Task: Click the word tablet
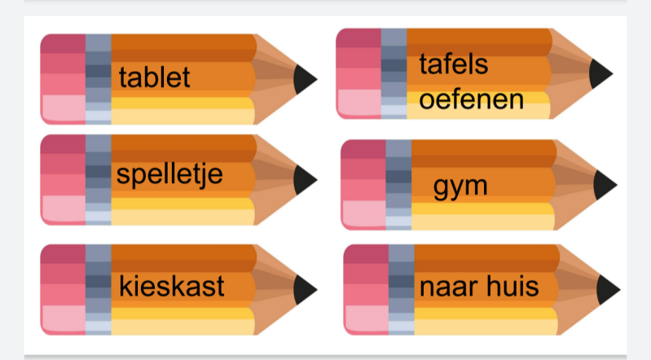pyautogui.click(x=154, y=77)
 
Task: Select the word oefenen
pyautogui.click(x=471, y=101)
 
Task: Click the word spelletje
pyautogui.click(x=169, y=174)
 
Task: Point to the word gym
pyautogui.click(x=460, y=186)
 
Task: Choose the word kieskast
pyautogui.click(x=171, y=286)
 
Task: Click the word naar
pyautogui.click(x=447, y=287)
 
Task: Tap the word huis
pyautogui.click(x=516, y=286)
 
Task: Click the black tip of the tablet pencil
pyautogui.click(x=305, y=79)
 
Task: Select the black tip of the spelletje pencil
pyautogui.click(x=305, y=179)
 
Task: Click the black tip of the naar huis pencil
pyautogui.click(x=608, y=289)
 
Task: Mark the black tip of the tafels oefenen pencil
pyautogui.click(x=600, y=72)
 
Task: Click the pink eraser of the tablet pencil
pyautogui.click(x=63, y=79)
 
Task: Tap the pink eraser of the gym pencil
pyautogui.click(x=363, y=184)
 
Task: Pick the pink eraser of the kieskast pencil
pyautogui.click(x=63, y=288)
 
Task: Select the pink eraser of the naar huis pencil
pyautogui.click(x=366, y=289)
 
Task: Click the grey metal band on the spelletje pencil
pyautogui.click(x=98, y=179)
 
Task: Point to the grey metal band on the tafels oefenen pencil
pyautogui.click(x=394, y=72)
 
